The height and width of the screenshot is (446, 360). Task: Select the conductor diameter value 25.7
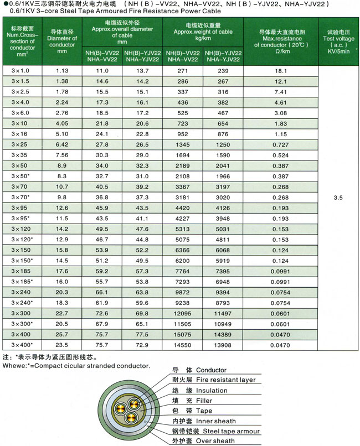(x=62, y=335)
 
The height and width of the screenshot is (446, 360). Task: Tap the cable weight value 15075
(x=183, y=335)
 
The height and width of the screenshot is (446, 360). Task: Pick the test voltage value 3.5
(x=338, y=196)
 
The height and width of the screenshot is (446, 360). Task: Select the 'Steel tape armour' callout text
(x=223, y=431)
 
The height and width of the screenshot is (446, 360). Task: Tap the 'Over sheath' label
(x=211, y=441)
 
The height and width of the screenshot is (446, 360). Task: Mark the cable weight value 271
(x=183, y=71)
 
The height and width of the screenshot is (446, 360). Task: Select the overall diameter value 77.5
(x=143, y=335)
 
